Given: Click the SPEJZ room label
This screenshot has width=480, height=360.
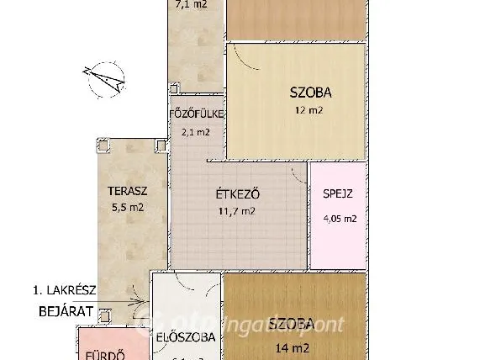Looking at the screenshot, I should [x=337, y=193].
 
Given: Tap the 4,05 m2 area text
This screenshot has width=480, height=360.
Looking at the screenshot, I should [x=340, y=219].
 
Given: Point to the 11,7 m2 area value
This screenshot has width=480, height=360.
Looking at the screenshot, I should [x=236, y=211].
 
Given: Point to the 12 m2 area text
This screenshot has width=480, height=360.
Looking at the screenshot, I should [x=309, y=109].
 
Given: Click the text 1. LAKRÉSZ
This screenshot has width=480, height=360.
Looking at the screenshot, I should [x=65, y=290].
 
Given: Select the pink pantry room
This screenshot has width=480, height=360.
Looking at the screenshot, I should [x=338, y=210].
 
